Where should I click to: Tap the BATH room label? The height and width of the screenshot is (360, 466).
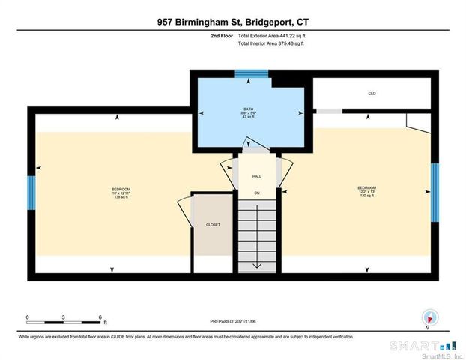pos(248,109)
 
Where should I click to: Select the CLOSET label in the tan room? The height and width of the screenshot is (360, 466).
pos(214,224)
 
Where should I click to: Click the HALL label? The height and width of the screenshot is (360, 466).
pos(256,176)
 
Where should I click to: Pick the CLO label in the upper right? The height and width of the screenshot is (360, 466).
pos(372,93)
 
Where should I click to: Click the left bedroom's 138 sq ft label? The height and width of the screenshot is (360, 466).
pos(121,196)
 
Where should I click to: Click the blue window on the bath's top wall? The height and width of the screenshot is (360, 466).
pos(246,73)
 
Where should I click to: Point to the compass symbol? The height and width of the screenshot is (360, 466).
pos(429,318)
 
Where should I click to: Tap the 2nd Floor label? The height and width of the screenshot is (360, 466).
pos(221,35)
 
